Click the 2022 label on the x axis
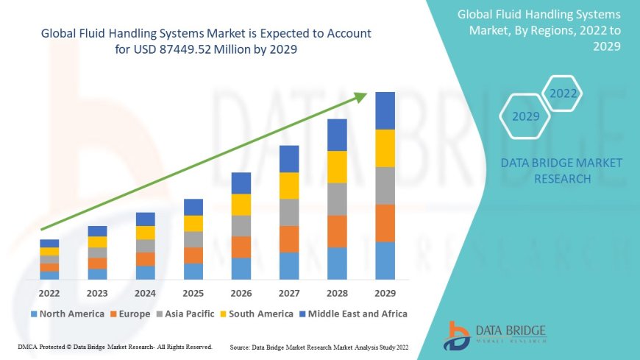49,292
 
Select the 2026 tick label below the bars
241,292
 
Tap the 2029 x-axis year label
385,292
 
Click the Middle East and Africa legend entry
355,314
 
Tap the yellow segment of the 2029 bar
385,148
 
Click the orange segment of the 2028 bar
337,231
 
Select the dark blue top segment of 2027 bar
289,159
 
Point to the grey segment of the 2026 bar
241,226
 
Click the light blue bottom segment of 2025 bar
193,272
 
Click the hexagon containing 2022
563,94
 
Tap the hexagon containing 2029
525,116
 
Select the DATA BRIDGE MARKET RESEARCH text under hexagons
561,171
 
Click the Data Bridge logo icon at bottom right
457,335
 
